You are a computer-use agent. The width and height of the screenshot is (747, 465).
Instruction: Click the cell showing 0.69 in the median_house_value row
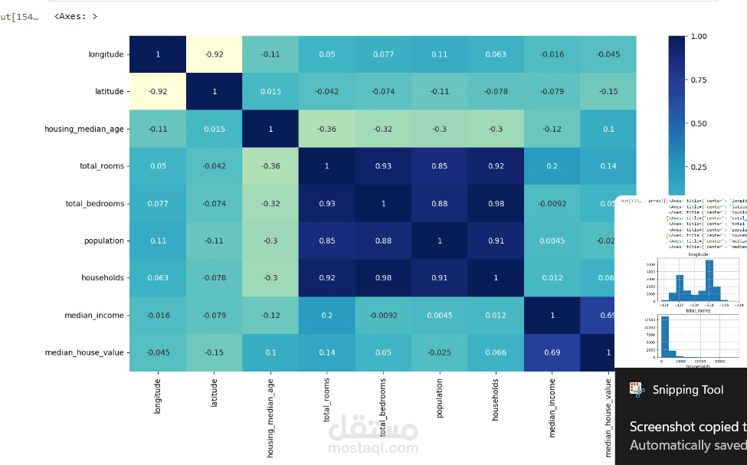click(552, 352)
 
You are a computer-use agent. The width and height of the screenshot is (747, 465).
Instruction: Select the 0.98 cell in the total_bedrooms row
click(496, 203)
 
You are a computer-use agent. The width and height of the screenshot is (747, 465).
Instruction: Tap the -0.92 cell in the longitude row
click(215, 54)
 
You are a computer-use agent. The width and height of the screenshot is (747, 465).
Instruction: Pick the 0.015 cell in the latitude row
click(270, 92)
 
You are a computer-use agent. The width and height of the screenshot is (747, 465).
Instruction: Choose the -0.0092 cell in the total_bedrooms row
click(552, 203)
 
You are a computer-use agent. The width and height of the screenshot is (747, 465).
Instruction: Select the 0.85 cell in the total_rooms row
click(440, 166)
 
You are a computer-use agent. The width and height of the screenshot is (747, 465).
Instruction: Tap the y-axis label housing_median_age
click(84, 129)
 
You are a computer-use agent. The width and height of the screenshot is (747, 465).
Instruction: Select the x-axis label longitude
click(158, 396)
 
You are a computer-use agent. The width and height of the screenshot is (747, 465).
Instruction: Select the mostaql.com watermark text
click(374, 448)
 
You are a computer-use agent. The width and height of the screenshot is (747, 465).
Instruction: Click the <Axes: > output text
click(76, 16)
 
